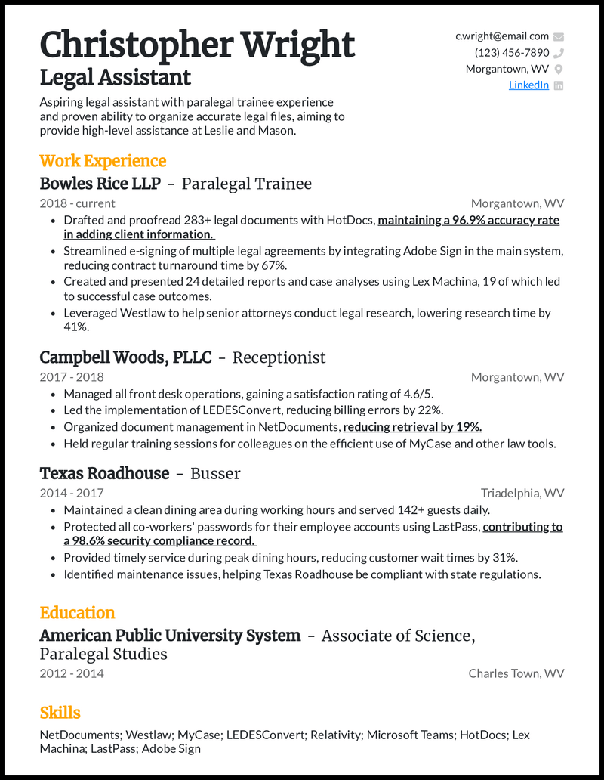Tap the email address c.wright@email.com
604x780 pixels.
pyautogui.click(x=501, y=36)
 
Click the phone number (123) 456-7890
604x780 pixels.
pyautogui.click(x=511, y=53)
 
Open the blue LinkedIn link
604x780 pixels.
pyautogui.click(x=528, y=85)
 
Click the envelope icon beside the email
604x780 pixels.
pyautogui.click(x=559, y=36)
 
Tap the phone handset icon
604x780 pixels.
pyautogui.click(x=559, y=53)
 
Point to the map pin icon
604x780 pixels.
pyautogui.click(x=559, y=70)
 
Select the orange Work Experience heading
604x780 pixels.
pyautogui.click(x=103, y=161)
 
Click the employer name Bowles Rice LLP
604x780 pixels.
pyautogui.click(x=100, y=184)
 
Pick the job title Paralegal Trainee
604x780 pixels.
pyautogui.click(x=246, y=184)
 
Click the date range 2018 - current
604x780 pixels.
pyautogui.click(x=77, y=203)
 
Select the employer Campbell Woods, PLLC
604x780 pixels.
pyautogui.click(x=125, y=357)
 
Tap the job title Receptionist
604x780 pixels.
pyautogui.click(x=279, y=357)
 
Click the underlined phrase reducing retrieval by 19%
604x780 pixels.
pyautogui.click(x=412, y=427)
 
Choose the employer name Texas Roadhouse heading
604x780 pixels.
pyautogui.click(x=104, y=474)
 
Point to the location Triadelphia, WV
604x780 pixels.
pyautogui.click(x=522, y=494)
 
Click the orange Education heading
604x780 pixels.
pyautogui.click(x=77, y=613)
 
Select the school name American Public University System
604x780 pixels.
pyautogui.click(x=170, y=636)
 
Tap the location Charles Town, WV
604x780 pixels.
pyautogui.click(x=516, y=673)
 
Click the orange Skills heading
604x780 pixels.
pyautogui.click(x=60, y=713)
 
